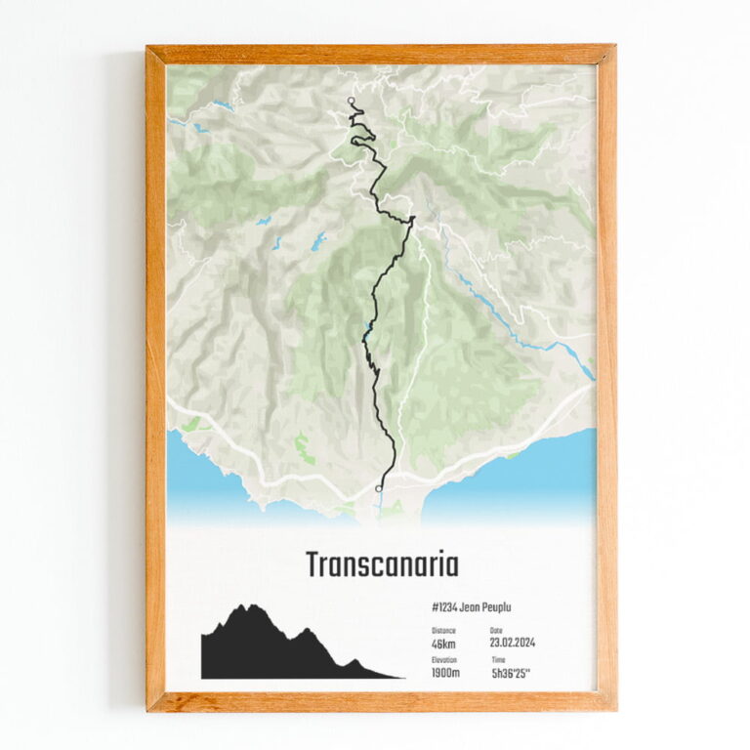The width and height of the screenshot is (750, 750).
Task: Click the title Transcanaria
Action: [382, 565]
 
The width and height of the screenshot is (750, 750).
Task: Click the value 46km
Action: [443, 644]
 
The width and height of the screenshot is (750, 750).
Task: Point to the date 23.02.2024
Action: [512, 644]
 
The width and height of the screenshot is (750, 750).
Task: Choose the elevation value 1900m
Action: [446, 673]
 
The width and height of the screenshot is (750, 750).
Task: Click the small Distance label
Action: [443, 631]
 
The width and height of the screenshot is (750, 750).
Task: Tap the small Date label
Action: [495, 631]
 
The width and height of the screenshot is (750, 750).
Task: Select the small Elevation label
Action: [444, 660]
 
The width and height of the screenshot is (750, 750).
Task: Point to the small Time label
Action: [498, 660]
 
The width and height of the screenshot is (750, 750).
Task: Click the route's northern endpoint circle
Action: [352, 100]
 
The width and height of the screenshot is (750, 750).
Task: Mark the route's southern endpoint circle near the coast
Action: [378, 488]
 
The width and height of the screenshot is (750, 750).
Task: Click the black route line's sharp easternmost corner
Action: [414, 219]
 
